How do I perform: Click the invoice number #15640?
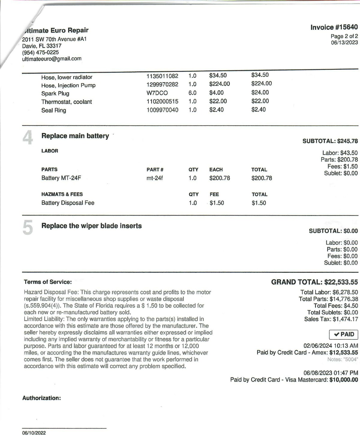tap(334, 27)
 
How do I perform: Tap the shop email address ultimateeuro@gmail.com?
tap(52, 59)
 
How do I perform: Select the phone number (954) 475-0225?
tap(40, 52)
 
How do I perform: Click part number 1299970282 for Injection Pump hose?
tap(162, 85)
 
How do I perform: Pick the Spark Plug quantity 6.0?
tap(192, 93)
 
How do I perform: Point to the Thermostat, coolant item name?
tap(67, 102)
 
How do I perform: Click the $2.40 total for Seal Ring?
tap(258, 110)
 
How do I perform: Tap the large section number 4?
tap(28, 138)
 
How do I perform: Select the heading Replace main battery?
tap(75, 136)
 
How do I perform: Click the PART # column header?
tap(155, 170)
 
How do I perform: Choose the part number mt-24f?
tap(154, 178)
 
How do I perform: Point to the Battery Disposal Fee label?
tap(68, 203)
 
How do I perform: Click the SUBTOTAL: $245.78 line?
tap(330, 141)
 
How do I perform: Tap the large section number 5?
tap(28, 228)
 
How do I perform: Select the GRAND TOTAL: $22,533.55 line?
tap(314, 282)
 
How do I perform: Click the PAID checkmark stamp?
tap(343, 334)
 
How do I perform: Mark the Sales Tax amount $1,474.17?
tap(345, 319)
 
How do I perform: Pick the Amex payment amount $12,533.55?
tap(343, 353)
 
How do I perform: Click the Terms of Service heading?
tap(48, 282)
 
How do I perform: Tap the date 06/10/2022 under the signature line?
tap(34, 433)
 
